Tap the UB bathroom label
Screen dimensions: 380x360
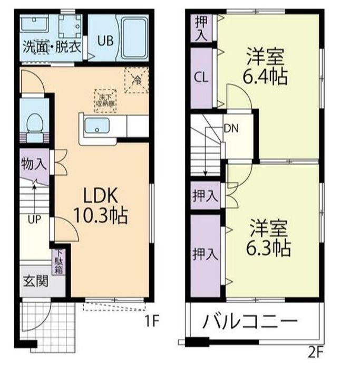pyautogui.click(x=103, y=40)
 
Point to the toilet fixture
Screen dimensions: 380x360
pyautogui.click(x=35, y=125)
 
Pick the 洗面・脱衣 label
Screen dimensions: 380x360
pyautogui.click(x=51, y=46)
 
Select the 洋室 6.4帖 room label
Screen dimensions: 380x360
pyautogui.click(x=266, y=66)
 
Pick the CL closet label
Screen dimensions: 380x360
pyautogui.click(x=201, y=77)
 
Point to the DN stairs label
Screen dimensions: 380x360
pyautogui.click(x=230, y=128)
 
